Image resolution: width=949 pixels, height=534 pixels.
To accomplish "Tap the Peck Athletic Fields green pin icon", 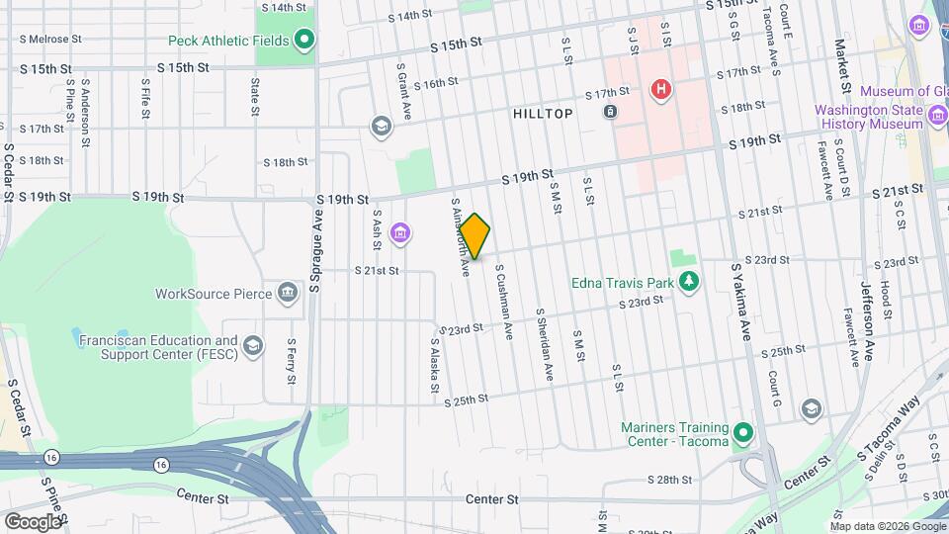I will click(x=304, y=41).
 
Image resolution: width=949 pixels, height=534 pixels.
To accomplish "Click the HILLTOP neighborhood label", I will click(x=543, y=114).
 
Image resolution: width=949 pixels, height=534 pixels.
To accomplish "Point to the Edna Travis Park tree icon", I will click(x=691, y=283).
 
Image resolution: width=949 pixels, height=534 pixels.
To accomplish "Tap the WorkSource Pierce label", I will click(x=213, y=294).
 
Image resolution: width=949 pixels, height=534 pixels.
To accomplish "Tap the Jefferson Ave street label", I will click(x=868, y=321).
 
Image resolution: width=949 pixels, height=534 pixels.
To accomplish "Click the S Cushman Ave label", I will click(x=502, y=302).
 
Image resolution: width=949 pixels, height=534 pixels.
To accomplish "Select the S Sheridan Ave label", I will click(x=545, y=343).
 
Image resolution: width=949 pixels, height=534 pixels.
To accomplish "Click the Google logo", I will click(x=32, y=521).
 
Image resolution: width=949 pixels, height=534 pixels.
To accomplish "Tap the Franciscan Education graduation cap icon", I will click(x=254, y=345).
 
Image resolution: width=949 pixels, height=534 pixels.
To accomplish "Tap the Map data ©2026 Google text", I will click(x=888, y=525).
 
